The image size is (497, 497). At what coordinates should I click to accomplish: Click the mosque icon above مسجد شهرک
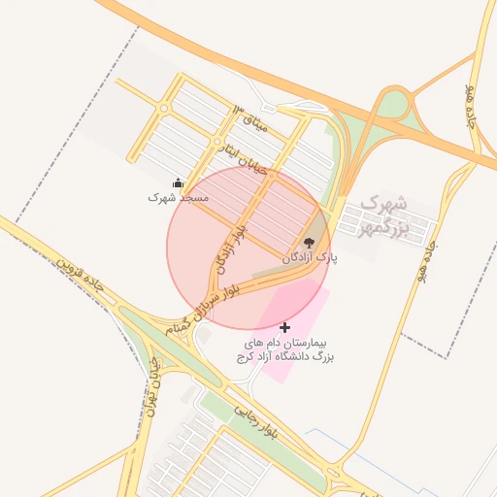pos(178,182)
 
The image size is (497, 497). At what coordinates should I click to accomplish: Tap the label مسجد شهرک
pos(179,196)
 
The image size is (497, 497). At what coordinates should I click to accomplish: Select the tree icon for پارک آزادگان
pos(309,243)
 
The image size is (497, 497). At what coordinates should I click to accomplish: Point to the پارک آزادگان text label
pos(309,258)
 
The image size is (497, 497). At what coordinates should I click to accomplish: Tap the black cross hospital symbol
pos(284,328)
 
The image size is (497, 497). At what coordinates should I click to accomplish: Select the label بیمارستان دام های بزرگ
pos(284,350)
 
